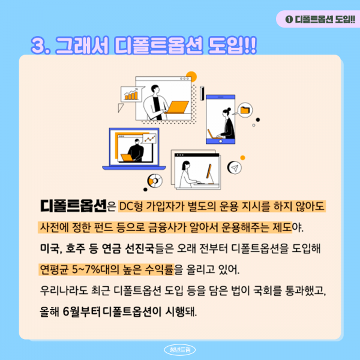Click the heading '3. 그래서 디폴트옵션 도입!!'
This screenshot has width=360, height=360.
[x=143, y=46]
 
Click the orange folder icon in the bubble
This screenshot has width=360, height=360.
[x=244, y=109]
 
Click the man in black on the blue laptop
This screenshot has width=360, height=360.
[x=136, y=149]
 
